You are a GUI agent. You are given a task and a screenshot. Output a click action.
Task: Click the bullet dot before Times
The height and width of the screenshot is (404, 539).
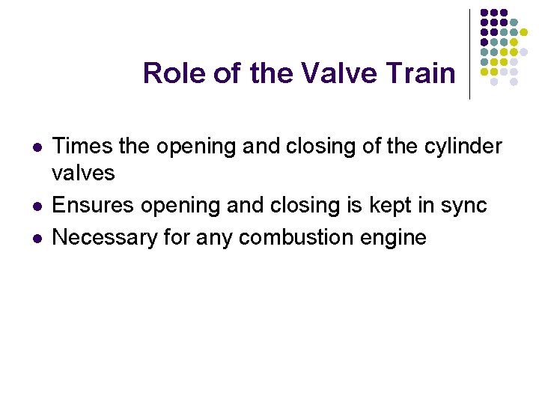point(37,147)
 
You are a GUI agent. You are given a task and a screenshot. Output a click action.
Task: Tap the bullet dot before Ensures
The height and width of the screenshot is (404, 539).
point(37,206)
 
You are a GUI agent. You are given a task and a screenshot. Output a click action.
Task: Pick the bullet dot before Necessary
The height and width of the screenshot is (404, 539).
point(37,238)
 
